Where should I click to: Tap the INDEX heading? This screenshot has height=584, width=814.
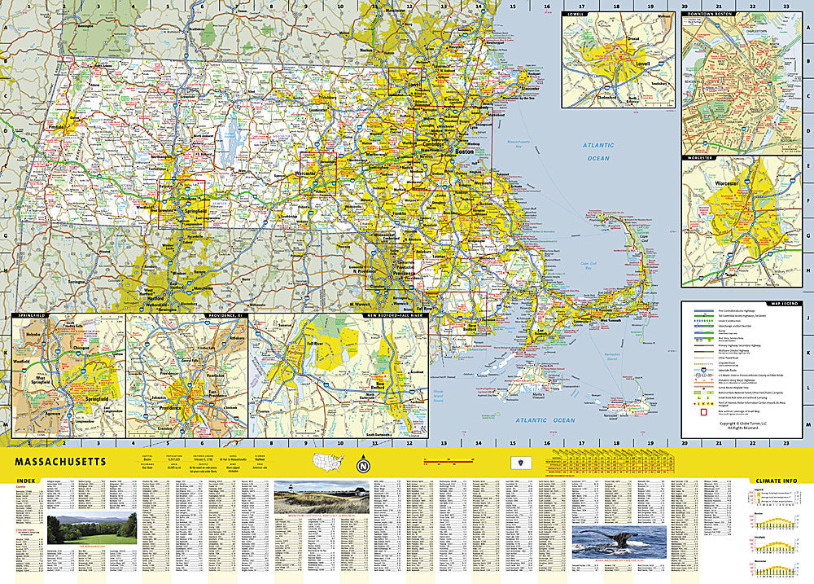click(x=26, y=481)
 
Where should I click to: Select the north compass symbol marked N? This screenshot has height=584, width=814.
click(x=361, y=466)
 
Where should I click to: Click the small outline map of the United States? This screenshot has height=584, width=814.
click(x=330, y=463)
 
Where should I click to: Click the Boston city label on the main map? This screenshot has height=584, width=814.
click(x=464, y=152)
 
